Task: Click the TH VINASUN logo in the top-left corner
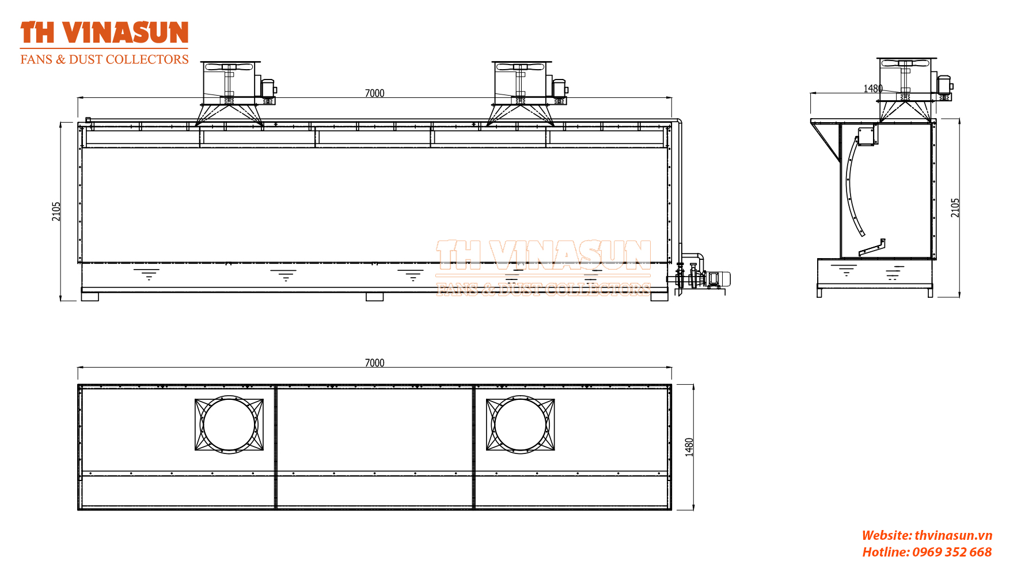(104, 33)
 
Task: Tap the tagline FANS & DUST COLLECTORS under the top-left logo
(104, 59)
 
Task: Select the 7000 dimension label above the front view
(374, 93)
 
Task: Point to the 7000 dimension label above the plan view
(374, 363)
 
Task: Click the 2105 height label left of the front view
(56, 211)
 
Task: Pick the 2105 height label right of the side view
(955, 208)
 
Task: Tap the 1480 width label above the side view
(873, 89)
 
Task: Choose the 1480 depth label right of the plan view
(689, 448)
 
